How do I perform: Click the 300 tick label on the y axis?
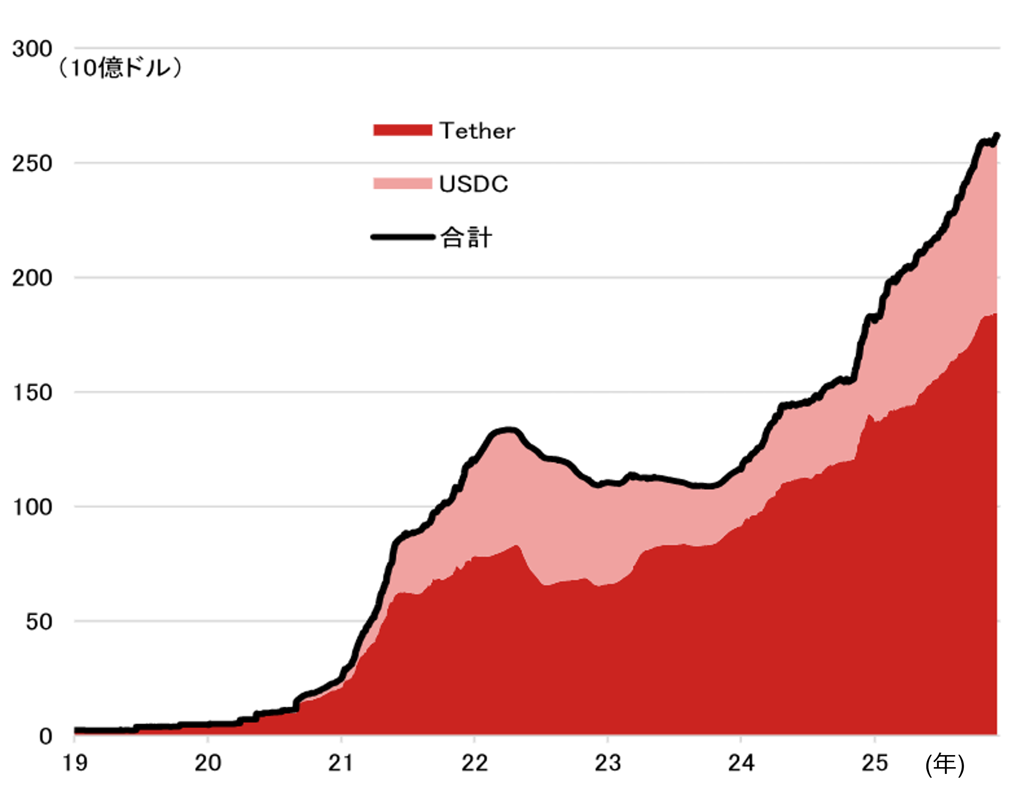32,49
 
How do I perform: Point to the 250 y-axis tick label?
32,164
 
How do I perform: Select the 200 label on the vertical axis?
32,279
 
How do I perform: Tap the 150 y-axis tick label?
32,393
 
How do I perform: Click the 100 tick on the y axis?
32,507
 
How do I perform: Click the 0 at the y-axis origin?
45,737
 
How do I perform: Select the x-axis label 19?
75,763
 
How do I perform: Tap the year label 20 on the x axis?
207,763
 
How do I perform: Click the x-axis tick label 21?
341,763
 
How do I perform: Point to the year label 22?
474,763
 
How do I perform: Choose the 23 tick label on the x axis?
608,763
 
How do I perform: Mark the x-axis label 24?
741,763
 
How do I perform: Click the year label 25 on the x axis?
874,763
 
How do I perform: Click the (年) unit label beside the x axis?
944,765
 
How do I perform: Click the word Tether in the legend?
477,131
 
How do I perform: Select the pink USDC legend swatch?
402,184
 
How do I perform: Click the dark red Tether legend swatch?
402,130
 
